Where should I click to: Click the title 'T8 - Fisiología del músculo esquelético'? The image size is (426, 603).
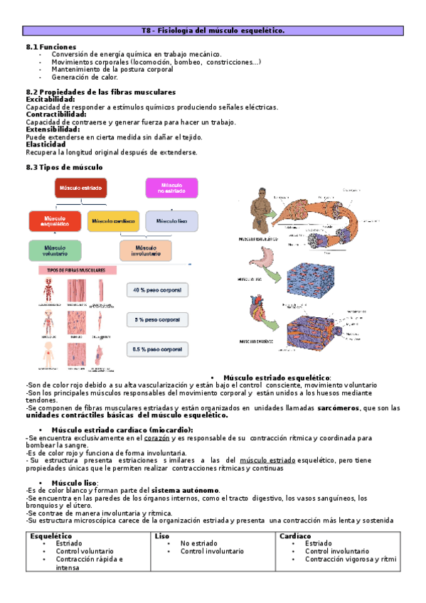tap(213, 31)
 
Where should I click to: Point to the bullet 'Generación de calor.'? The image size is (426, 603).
tap(85, 77)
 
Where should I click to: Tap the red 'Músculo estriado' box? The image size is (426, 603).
tap(80, 188)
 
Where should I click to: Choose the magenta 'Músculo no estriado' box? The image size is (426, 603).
tap(171, 187)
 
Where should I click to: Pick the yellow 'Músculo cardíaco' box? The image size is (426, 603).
tap(113, 221)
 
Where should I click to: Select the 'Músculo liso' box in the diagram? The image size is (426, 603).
tap(171, 221)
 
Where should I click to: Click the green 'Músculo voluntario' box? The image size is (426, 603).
tap(55, 250)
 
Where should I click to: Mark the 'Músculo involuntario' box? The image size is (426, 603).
tap(145, 250)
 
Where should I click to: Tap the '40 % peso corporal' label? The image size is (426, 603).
tap(158, 290)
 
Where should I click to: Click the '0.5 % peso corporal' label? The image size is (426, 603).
tap(158, 350)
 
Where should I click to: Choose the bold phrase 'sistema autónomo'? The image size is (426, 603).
tap(185, 491)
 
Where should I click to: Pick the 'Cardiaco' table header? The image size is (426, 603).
tap(296, 535)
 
